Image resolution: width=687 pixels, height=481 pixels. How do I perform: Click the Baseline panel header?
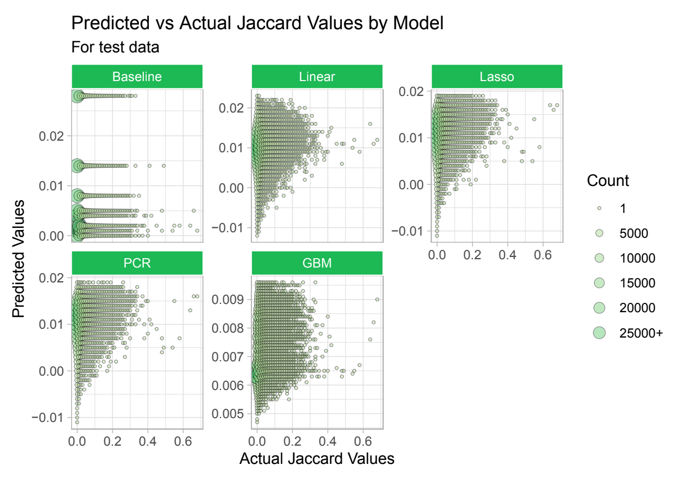(137, 77)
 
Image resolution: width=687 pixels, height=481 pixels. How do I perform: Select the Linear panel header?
(317, 77)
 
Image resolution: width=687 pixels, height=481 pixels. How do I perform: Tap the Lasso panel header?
(497, 77)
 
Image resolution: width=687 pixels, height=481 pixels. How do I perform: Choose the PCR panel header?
(137, 263)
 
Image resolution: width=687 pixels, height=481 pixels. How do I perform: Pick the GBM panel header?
(317, 263)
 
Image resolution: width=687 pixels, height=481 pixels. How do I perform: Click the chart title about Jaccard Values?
(257, 23)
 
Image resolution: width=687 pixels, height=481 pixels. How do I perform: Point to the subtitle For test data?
(115, 47)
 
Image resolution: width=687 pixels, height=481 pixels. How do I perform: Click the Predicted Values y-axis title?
(19, 258)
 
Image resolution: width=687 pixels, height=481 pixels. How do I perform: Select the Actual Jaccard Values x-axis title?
(317, 458)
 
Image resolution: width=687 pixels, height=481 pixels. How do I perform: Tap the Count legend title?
(608, 180)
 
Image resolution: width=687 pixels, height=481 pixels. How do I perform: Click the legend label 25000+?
(641, 333)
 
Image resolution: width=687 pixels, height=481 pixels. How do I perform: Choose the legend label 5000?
(634, 233)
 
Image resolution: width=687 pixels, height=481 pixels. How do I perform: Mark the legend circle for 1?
(599, 209)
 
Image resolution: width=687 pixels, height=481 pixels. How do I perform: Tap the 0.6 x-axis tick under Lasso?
(543, 256)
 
